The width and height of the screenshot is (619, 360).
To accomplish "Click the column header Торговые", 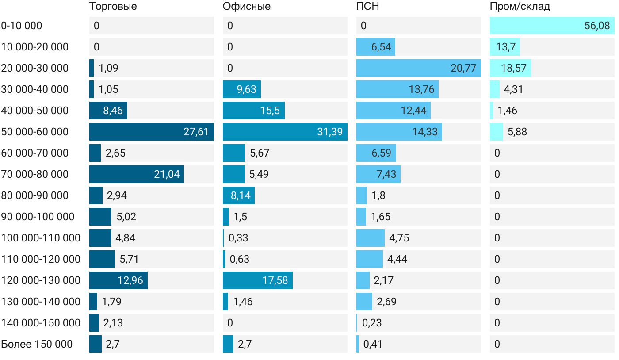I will (x=113, y=7).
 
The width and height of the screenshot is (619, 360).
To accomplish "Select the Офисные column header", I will (x=247, y=7).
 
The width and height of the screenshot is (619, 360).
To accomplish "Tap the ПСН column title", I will (x=368, y=7).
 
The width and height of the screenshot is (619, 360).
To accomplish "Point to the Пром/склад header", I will (x=520, y=7).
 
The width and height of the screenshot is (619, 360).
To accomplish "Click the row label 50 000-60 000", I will (x=35, y=132).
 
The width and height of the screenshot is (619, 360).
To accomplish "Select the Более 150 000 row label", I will (x=37, y=344).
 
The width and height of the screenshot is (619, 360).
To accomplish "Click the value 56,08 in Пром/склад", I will (x=597, y=26).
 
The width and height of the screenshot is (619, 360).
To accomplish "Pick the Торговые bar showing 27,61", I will (x=151, y=132).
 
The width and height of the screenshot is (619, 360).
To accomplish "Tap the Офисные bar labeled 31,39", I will (x=285, y=132).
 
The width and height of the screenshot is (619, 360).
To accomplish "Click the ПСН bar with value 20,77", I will (x=418, y=68).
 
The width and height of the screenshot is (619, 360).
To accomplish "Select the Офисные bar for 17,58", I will (x=257, y=280).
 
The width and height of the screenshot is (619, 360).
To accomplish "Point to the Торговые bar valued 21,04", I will (x=136, y=174).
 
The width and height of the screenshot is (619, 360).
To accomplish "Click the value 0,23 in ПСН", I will (x=372, y=323).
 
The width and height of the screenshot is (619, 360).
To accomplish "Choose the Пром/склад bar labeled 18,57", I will (x=510, y=68).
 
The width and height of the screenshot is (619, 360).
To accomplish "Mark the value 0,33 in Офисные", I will (x=238, y=238).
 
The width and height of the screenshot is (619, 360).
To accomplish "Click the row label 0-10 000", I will (x=22, y=26).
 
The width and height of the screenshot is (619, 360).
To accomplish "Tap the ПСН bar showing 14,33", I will (x=399, y=132).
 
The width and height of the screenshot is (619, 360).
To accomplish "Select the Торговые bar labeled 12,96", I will (x=118, y=280).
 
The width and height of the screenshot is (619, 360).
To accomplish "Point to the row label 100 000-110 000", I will (x=41, y=238).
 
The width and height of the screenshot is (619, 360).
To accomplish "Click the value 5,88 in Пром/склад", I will (x=517, y=132).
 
